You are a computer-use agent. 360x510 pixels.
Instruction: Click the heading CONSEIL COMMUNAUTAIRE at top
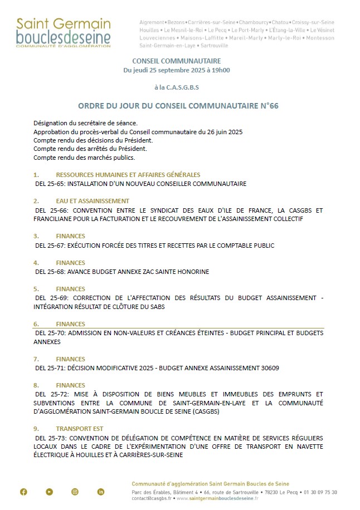coord(177,61)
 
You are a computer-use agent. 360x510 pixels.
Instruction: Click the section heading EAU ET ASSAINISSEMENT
coord(93,201)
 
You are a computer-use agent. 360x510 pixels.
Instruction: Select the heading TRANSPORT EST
coord(79,429)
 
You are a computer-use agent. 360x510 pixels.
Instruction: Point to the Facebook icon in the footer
coord(23,492)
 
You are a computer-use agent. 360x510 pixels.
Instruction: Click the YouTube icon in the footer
coord(50,492)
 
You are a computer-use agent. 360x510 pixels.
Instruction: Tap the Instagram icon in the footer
coord(75,492)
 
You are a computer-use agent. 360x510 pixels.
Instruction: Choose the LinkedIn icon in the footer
coord(101,492)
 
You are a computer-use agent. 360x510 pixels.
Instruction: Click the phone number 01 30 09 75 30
coord(319,493)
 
